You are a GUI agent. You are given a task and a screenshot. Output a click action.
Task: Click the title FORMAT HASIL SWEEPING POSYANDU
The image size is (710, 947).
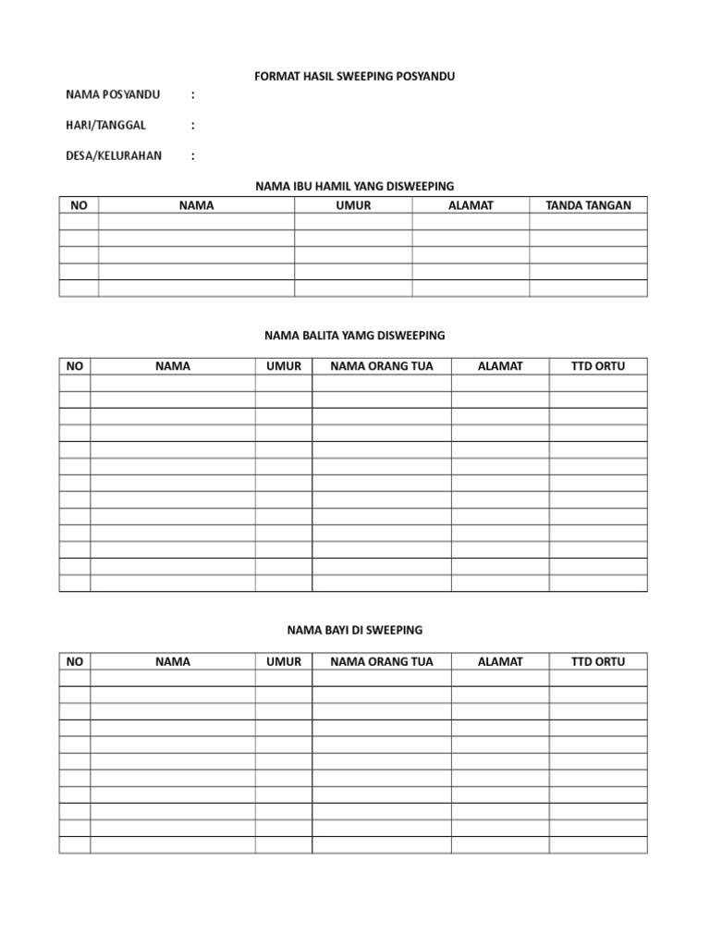coord(354,77)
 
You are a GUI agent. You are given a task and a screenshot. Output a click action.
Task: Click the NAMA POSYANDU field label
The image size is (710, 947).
coord(112,94)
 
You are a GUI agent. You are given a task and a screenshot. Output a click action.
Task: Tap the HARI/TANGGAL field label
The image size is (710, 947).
coord(105,125)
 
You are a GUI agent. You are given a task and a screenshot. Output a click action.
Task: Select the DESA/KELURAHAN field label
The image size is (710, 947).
coord(113,155)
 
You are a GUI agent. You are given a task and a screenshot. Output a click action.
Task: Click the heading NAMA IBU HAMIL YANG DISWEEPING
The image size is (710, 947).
coord(354,186)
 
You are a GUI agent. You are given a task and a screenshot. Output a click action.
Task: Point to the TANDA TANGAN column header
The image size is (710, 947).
coord(589,205)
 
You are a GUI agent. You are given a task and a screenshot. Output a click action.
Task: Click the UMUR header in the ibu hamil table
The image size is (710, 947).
coord(353,205)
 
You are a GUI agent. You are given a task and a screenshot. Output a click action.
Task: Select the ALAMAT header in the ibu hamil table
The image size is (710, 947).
coord(471,205)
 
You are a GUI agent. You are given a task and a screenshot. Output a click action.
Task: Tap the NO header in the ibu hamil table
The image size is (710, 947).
coord(79,205)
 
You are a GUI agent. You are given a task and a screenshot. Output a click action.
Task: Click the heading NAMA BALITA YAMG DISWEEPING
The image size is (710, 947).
coord(354,335)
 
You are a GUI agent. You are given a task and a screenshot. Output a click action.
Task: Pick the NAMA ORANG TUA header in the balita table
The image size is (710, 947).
coord(382,366)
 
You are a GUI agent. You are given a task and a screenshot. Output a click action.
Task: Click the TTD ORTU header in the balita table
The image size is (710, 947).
coord(598,366)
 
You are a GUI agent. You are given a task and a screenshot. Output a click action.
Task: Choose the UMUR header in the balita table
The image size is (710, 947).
coord(284,366)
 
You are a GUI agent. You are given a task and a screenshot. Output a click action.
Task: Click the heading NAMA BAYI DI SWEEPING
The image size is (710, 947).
coord(354,630)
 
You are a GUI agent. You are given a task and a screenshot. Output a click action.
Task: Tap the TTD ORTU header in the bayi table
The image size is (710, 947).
coord(598,661)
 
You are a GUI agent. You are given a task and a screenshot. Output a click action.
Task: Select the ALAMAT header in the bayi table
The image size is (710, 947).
coord(500,661)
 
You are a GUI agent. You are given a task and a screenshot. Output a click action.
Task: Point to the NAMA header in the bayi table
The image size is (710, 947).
coord(173,661)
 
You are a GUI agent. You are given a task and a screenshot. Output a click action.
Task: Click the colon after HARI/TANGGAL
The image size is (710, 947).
coord(192,125)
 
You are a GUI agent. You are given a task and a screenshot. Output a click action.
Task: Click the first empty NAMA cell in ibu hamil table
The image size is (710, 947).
coord(196,222)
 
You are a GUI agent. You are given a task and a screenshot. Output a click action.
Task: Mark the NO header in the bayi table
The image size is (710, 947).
coord(75,661)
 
